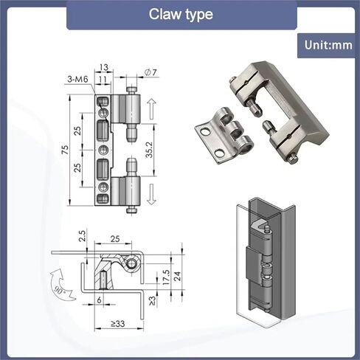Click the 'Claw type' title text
point(181,14)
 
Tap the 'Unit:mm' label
point(328,45)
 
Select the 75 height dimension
point(65,150)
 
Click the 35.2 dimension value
point(149,150)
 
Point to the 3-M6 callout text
point(77,79)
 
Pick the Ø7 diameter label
point(150,72)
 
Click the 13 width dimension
point(104,67)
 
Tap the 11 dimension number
point(103,79)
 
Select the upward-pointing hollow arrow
point(152,109)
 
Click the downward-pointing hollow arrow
point(151,194)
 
